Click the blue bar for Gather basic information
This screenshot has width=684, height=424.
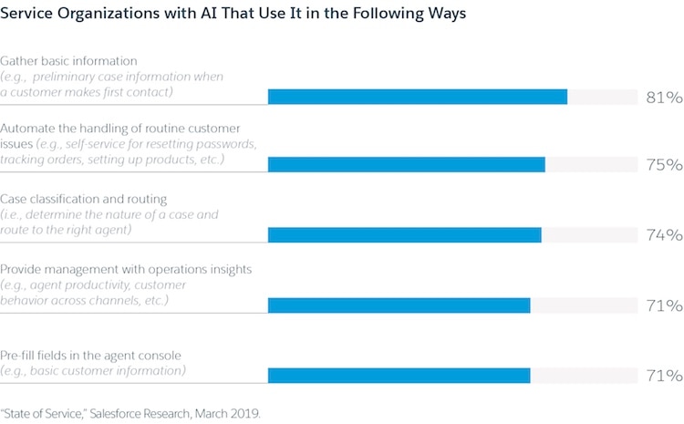point(417,97)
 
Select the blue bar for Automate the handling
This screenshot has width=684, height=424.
point(406,165)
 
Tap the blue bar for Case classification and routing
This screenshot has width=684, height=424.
point(404,235)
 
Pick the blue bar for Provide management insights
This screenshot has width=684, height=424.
point(399,305)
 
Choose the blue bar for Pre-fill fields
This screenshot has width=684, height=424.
point(399,376)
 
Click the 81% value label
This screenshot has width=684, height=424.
point(663,97)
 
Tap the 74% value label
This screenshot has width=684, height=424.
point(663,235)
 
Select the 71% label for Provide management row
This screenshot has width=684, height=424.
point(663,305)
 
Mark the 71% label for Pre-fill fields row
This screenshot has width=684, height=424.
point(663,376)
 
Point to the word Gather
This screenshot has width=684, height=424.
point(21,60)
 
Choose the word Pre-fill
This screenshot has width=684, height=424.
point(21,355)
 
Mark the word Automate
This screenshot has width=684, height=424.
point(28,129)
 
